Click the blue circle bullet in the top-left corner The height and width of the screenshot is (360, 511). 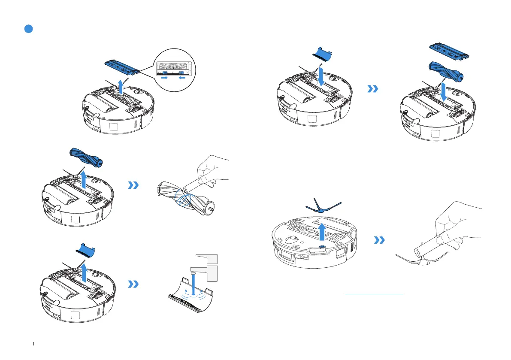pos(28,29)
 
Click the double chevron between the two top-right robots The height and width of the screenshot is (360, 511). pos(373,89)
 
